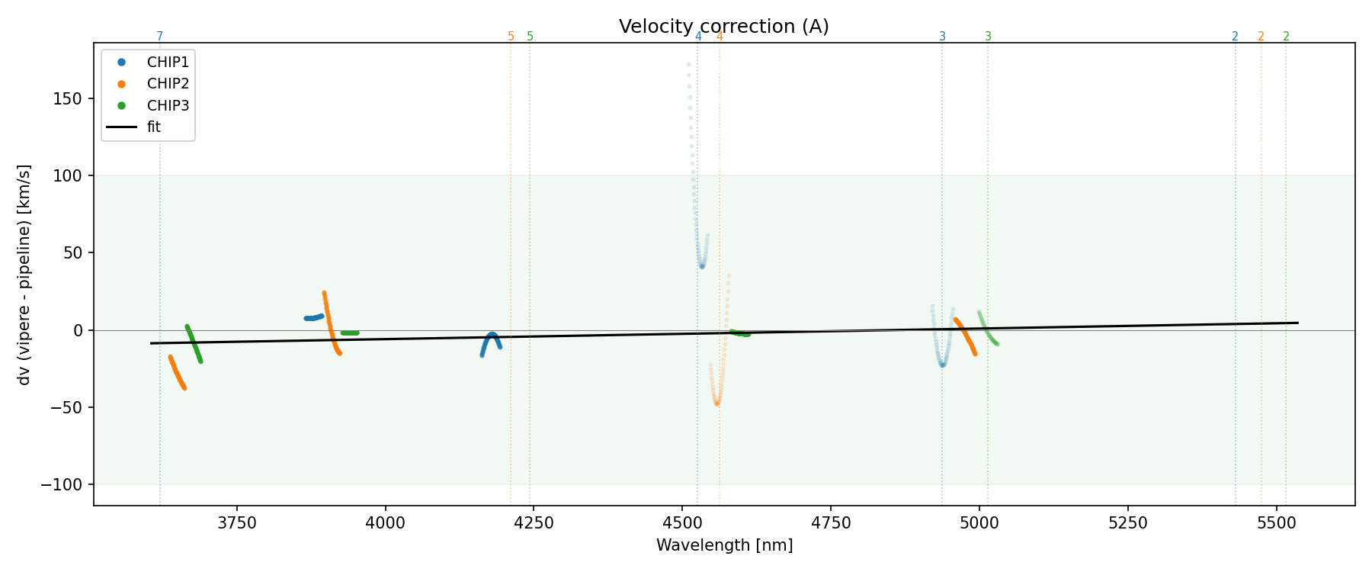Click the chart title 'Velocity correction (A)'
click(x=723, y=27)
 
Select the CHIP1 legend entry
click(x=168, y=63)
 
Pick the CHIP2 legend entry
click(x=168, y=84)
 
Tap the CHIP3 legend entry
click(x=168, y=105)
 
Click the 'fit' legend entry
click(x=154, y=127)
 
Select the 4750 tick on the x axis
click(x=831, y=523)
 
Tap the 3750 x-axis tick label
click(x=237, y=523)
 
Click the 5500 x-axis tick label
click(x=1276, y=523)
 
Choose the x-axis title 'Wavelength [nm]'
click(x=724, y=545)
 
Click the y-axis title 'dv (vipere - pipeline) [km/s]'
click(x=24, y=275)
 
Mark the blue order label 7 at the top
click(x=160, y=37)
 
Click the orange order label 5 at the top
click(x=511, y=37)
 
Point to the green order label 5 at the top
click(x=531, y=37)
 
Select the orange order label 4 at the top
click(x=720, y=37)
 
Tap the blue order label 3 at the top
click(x=942, y=37)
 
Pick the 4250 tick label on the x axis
click(x=534, y=523)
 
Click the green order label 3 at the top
click(x=988, y=37)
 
